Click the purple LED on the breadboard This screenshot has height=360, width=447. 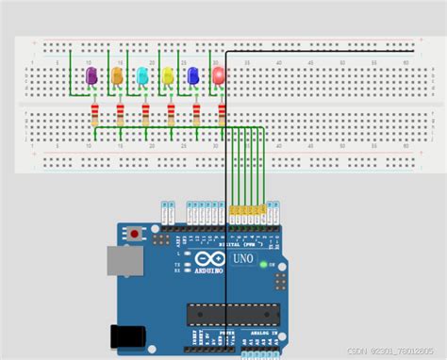91,75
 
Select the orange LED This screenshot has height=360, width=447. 117,75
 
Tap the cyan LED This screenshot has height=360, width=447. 142,75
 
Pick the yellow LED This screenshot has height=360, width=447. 168,75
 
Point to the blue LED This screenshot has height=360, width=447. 193,75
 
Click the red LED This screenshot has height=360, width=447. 219,74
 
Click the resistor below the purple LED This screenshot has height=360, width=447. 94,115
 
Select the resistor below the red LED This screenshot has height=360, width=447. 222,115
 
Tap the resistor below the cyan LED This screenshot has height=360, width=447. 145,115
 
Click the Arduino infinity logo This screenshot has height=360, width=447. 207,258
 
